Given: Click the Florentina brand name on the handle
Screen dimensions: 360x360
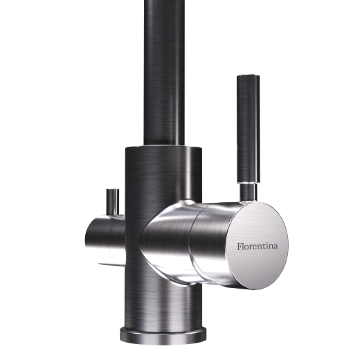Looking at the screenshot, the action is click(258, 246).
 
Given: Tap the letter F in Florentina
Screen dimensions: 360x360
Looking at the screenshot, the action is click(240, 246).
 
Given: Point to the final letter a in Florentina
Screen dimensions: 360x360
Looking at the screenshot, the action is click(276, 247).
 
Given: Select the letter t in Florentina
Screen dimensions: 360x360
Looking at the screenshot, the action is click(264, 246).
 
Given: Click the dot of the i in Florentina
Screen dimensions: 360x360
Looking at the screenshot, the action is click(267, 243).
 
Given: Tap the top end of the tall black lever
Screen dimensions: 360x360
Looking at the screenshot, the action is click(248, 75).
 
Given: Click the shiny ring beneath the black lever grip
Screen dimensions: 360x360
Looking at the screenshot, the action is click(248, 182).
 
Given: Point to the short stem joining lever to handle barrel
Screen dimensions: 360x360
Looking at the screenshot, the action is click(248, 192).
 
